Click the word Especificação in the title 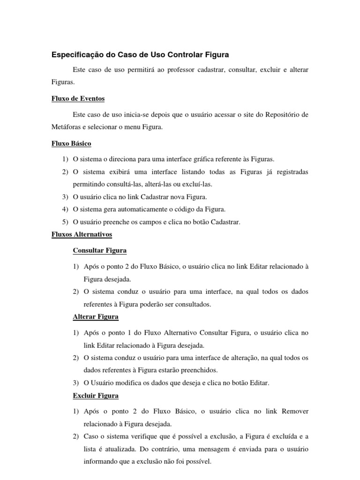coord(75,55)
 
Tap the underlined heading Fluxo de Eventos coord(78,98)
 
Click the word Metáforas coord(66,127)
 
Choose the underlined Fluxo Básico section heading coord(71,143)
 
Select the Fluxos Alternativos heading coord(82,234)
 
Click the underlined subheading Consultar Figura coord(100,250)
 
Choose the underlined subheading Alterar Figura coord(96,316)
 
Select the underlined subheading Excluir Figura coord(96,396)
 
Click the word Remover coord(295,412)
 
